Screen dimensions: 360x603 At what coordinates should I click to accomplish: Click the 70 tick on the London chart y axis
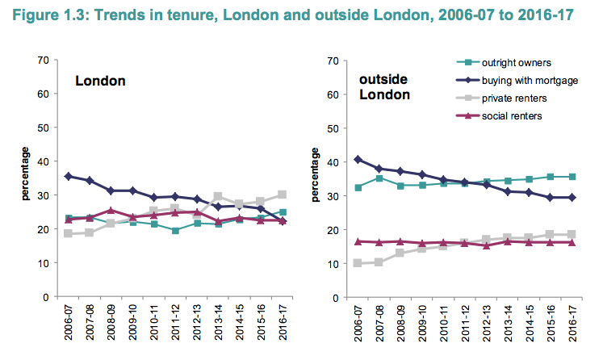click(46, 60)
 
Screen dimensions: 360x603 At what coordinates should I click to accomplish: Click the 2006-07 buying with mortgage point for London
click(69, 176)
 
